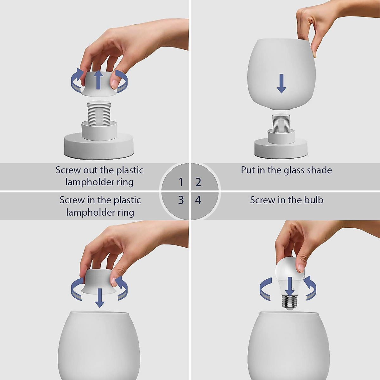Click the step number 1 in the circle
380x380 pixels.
tap(181, 182)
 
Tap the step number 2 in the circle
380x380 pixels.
tap(198, 182)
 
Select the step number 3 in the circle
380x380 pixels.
tap(181, 200)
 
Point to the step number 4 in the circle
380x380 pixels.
tap(198, 200)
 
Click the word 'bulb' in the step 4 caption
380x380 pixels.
tap(313, 200)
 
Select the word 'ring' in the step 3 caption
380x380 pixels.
tap(126, 212)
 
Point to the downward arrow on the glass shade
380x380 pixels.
tap(281, 84)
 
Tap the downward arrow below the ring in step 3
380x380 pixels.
tap(100, 298)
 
